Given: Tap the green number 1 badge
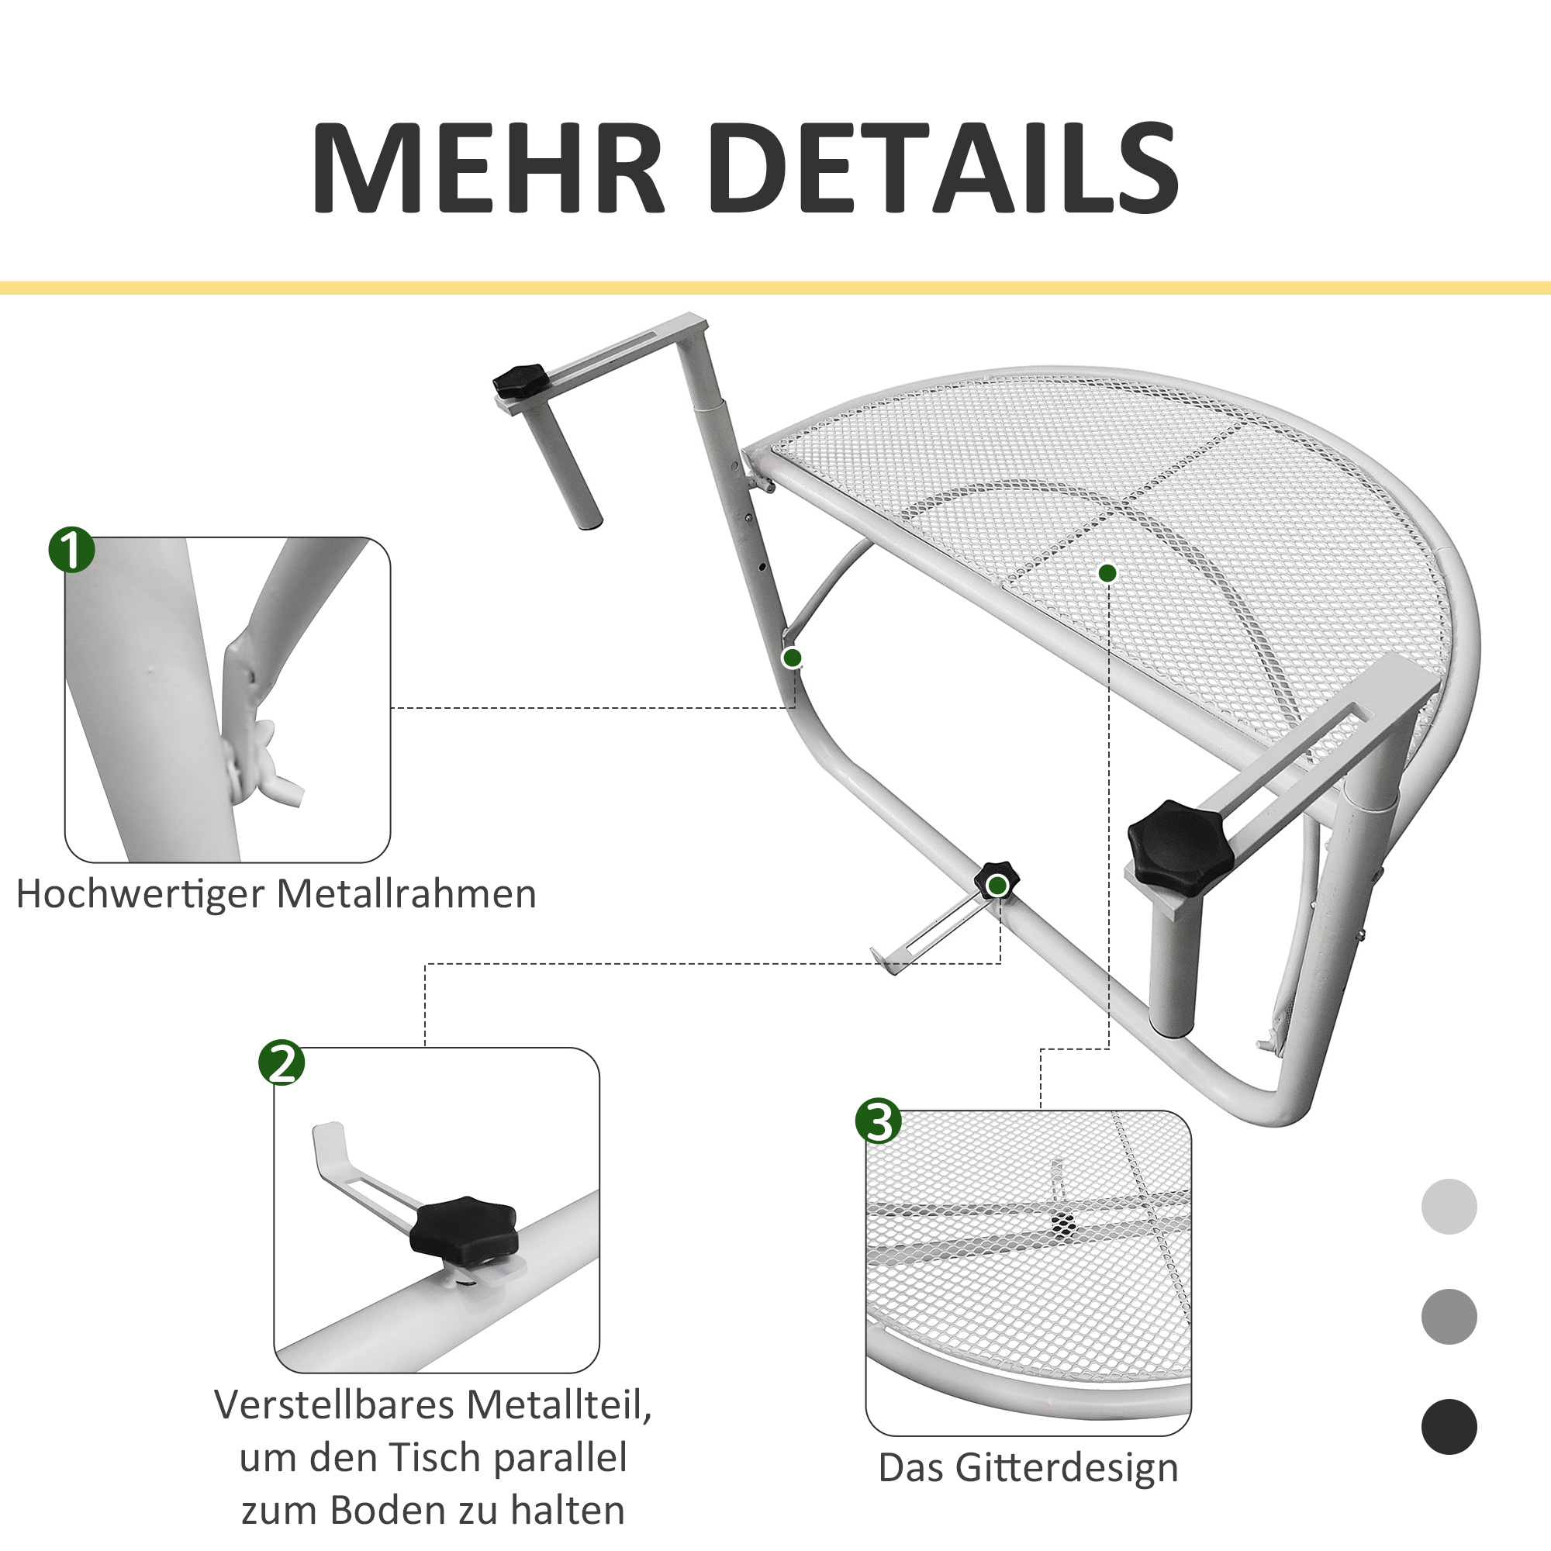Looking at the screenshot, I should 71,550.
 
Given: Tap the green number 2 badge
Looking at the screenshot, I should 282,1063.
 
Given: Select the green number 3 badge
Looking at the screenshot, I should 879,1121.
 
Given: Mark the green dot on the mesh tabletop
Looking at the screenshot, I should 1108,573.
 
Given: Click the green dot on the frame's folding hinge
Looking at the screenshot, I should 793,658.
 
